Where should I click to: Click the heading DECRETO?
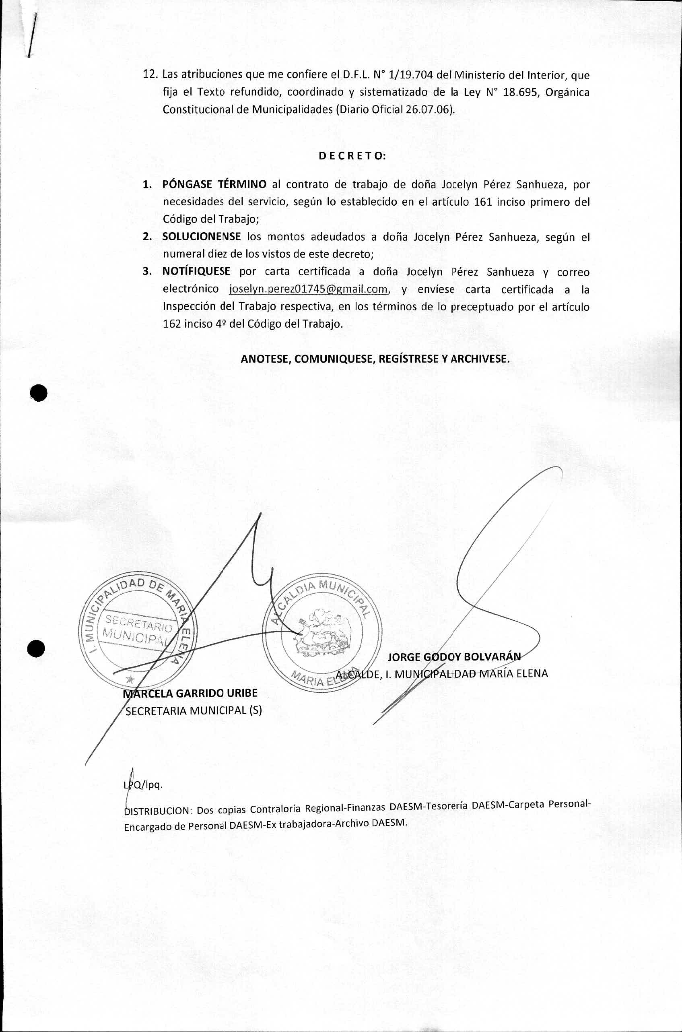pyautogui.click(x=352, y=156)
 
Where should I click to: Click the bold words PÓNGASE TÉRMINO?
pyautogui.click(x=214, y=184)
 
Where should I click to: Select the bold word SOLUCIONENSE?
pyautogui.click(x=202, y=237)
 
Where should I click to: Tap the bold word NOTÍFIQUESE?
pyautogui.click(x=196, y=272)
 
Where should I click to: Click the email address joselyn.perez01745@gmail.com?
pyautogui.click(x=308, y=289)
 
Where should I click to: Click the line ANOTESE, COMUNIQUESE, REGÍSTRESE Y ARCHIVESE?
pyautogui.click(x=375, y=359)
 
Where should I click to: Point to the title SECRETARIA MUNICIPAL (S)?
pyautogui.click(x=194, y=710)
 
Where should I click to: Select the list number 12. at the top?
pyautogui.click(x=150, y=75)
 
